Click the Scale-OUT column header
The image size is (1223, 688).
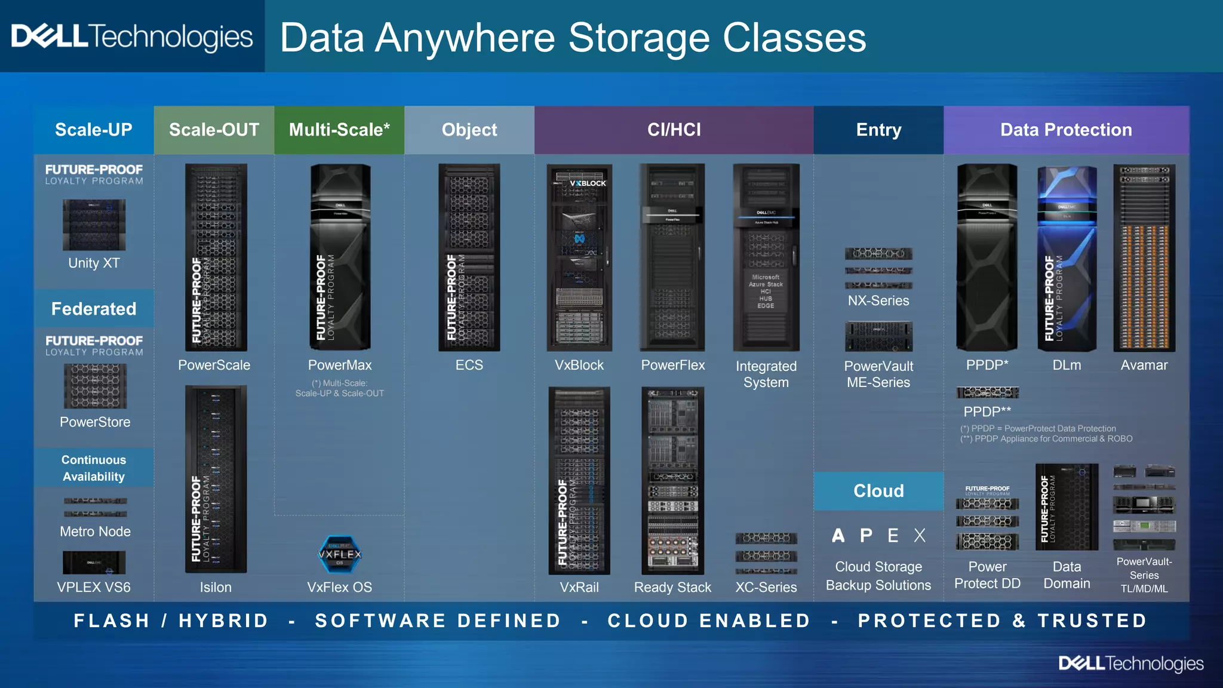(214, 130)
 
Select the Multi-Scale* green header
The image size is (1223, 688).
(339, 130)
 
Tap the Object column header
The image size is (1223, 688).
(469, 130)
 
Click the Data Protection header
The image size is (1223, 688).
(1066, 130)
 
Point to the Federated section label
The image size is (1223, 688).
(94, 309)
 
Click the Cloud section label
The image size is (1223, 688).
(878, 491)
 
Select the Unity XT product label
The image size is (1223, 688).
(94, 263)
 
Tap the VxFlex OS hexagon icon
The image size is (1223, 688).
(340, 555)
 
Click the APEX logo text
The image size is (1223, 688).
(878, 535)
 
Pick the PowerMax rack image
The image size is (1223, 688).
(340, 257)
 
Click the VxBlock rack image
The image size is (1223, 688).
(579, 257)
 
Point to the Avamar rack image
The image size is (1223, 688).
(1144, 257)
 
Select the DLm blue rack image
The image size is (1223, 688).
(1067, 257)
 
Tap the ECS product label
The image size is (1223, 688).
(469, 365)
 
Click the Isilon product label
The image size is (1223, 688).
(216, 587)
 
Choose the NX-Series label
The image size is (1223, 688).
(878, 300)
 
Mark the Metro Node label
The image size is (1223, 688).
(95, 532)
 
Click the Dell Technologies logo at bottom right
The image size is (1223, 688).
(1131, 664)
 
